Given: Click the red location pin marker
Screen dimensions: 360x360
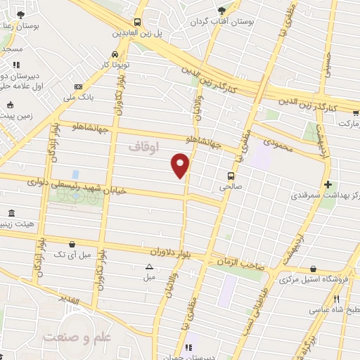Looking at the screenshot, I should [x=180, y=166].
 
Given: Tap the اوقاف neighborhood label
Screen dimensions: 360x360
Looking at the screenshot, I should [x=146, y=147].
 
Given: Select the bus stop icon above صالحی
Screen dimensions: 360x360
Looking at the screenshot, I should [x=231, y=176].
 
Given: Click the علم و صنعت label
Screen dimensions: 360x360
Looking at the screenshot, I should [x=77, y=337].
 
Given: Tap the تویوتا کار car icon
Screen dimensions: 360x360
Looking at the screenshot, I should [x=114, y=55].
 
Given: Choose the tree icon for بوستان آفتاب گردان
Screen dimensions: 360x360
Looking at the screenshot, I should [x=223, y=10].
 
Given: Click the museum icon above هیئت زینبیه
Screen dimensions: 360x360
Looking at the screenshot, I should [x=10, y=213].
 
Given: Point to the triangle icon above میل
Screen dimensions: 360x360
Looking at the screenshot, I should [x=149, y=266].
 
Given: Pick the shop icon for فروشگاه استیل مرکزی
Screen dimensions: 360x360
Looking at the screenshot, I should [x=313, y=269].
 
